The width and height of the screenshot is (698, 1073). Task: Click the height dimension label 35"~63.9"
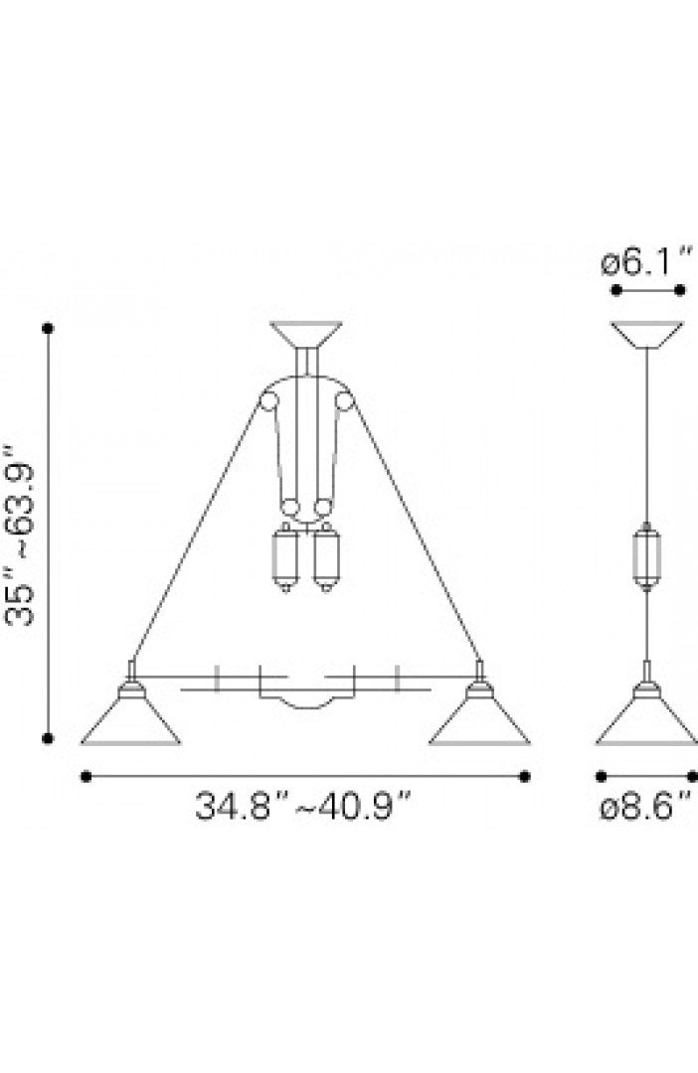point(19,536)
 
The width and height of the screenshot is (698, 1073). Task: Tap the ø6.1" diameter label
point(647,261)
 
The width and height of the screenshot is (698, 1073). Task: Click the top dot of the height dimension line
point(48,329)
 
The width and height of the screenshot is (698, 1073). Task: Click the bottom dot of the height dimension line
point(48,737)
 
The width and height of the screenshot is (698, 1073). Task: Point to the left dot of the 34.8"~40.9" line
point(86,776)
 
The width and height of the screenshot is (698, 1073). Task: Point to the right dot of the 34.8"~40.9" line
point(525,776)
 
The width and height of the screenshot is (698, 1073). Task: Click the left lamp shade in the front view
point(131,718)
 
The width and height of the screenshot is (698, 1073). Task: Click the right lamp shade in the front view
point(479,718)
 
